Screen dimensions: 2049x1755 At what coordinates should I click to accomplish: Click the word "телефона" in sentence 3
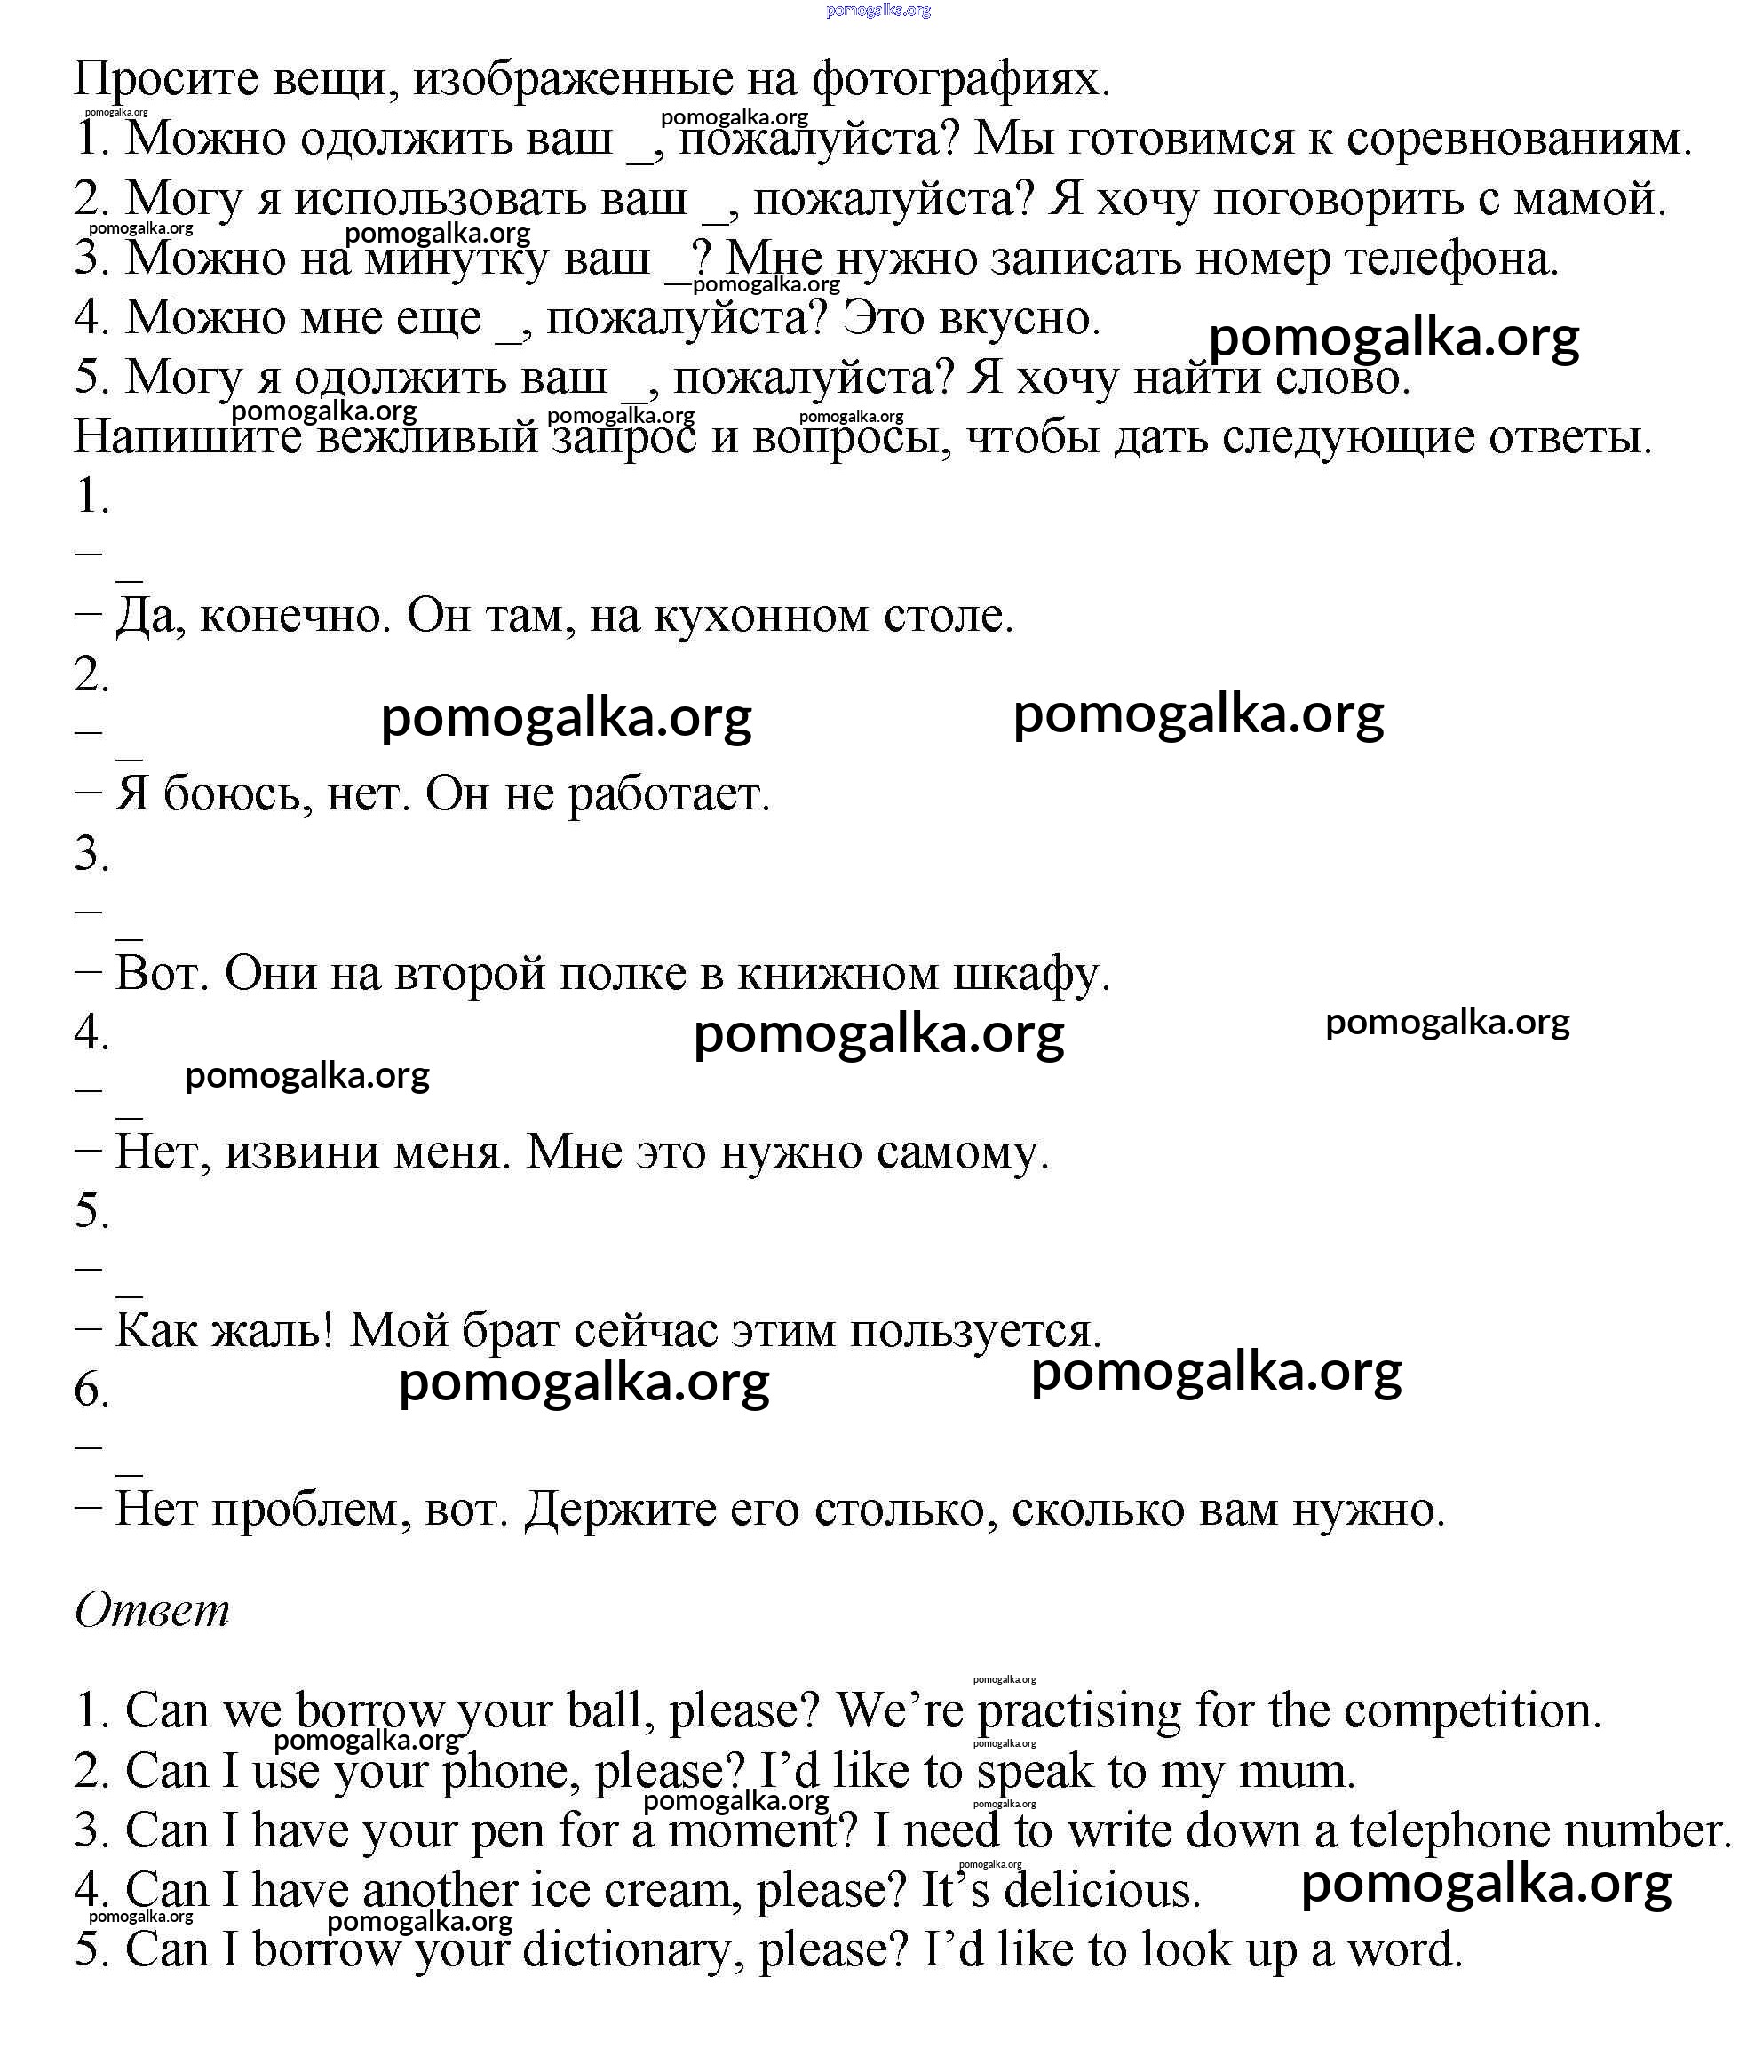click(1450, 258)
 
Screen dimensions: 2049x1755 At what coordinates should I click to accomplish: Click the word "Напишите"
click(188, 437)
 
